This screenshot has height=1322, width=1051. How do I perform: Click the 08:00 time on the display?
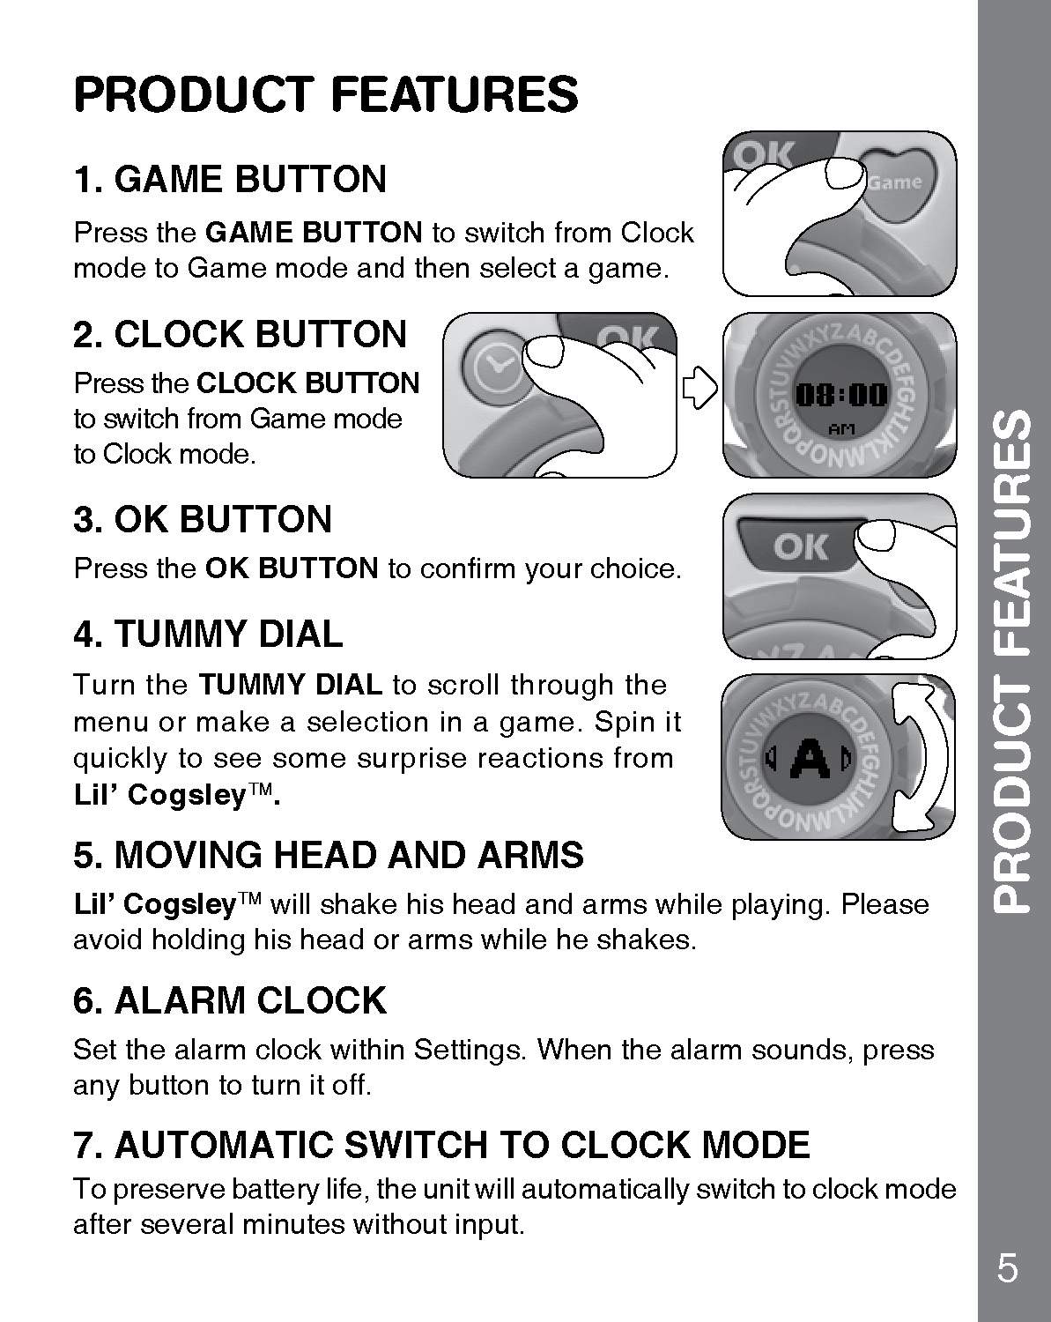point(841,396)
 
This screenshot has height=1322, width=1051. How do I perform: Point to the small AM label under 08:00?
point(841,429)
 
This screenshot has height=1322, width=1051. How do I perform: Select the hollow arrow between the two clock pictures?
point(699,388)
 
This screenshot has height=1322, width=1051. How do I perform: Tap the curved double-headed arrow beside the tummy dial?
point(920,757)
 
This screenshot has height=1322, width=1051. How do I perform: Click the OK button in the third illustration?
point(799,546)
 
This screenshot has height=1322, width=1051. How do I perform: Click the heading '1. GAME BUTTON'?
point(230,179)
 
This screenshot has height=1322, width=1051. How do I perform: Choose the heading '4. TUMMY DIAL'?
point(208,634)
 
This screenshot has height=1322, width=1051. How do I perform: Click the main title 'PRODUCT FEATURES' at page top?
point(326,94)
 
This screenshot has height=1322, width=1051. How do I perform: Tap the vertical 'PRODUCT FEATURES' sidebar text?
point(1012,660)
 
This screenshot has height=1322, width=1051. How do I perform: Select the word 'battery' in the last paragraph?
point(271,1189)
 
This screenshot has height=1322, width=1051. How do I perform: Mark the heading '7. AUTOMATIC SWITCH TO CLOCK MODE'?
point(441,1145)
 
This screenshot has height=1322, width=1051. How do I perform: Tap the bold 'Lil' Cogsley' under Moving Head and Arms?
point(155,904)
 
